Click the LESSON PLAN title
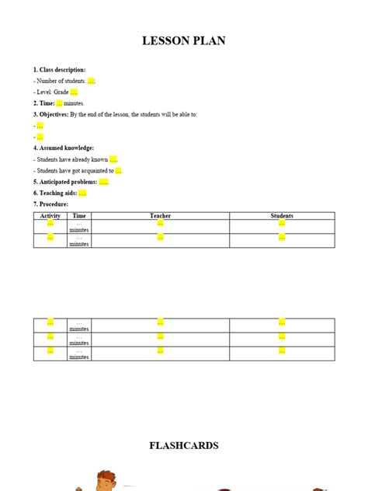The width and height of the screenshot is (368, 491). [x=184, y=40]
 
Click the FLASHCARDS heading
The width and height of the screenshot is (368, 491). [x=184, y=445]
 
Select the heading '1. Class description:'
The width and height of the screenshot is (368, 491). [x=60, y=69]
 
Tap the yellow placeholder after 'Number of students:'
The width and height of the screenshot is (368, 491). [x=91, y=80]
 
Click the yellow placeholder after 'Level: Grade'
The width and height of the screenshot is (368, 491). [x=74, y=92]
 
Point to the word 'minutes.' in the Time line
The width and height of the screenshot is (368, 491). [x=75, y=103]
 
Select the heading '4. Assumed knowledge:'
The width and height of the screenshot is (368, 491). [x=64, y=148]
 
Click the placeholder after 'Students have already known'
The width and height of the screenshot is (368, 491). [x=113, y=159]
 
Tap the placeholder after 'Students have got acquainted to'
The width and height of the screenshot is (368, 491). [x=119, y=170]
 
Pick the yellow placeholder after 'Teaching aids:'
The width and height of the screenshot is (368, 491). [x=82, y=193]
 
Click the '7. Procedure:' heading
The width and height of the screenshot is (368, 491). [x=51, y=204]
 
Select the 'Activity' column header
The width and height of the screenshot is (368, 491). [x=50, y=215]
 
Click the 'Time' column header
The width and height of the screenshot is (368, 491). [x=79, y=215]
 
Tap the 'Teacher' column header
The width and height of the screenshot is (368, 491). [x=160, y=215]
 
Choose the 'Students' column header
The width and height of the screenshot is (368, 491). [x=282, y=215]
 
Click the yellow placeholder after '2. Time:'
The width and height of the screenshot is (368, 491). [x=59, y=103]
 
